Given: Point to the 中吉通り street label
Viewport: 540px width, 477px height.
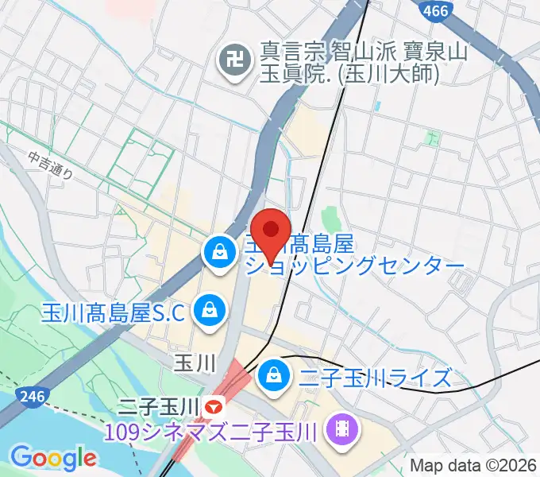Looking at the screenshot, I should click(49, 165).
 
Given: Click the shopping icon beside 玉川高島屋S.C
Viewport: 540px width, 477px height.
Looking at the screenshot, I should click(210, 308).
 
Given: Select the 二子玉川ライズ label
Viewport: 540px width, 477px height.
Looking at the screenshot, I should click(376, 376).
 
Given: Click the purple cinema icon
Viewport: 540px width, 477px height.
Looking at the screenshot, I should click(345, 432).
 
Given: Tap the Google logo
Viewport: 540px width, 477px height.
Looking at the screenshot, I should click(53, 458).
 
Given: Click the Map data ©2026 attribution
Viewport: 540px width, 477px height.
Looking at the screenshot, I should click(472, 465).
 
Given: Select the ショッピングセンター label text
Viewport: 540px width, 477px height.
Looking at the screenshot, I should click(354, 265).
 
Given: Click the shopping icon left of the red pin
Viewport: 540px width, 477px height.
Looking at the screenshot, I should click(217, 254).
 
